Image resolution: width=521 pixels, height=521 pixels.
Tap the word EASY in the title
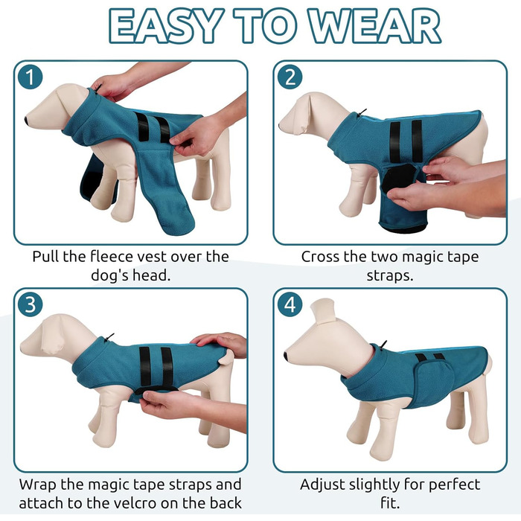click(x=166, y=26)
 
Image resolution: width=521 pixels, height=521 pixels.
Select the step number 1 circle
click(x=31, y=77)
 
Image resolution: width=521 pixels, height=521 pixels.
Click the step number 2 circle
click(x=290, y=77)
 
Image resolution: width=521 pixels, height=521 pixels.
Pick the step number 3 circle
click(x=31, y=304)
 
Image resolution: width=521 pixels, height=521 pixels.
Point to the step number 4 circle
click(x=290, y=304)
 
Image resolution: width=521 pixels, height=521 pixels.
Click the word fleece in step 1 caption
click(x=111, y=256)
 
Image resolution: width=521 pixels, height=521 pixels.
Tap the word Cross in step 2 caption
click(x=321, y=256)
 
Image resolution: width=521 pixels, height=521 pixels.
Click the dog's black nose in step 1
click(x=27, y=121)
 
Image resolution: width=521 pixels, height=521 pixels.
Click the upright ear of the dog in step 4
click(x=323, y=311)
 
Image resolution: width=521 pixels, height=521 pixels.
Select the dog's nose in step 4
click(x=286, y=356)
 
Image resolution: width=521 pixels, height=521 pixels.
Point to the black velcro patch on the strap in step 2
click(x=398, y=178)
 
